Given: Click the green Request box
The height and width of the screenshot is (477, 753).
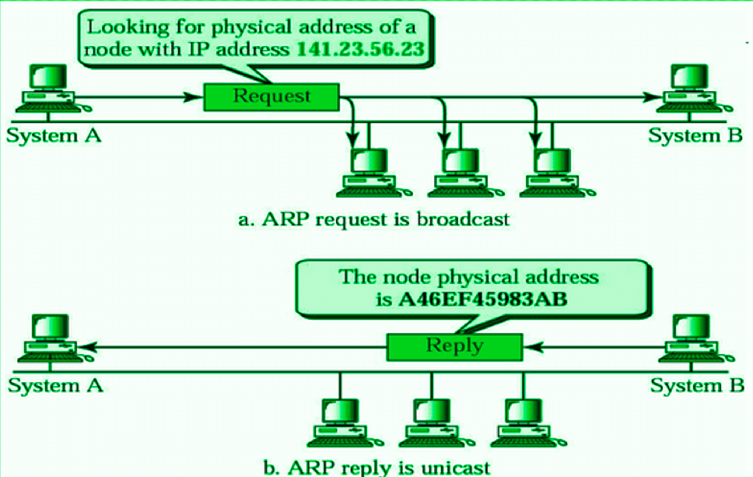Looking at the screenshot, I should coord(271,96).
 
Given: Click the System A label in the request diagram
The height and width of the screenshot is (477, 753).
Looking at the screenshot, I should coord(54,136).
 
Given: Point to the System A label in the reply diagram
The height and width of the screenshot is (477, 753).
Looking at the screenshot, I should coord(54,385).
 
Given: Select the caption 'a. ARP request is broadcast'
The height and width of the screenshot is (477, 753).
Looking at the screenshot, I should coord(373,219).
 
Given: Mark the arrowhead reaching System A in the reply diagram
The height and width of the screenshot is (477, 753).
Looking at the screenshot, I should coord(81,347).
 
